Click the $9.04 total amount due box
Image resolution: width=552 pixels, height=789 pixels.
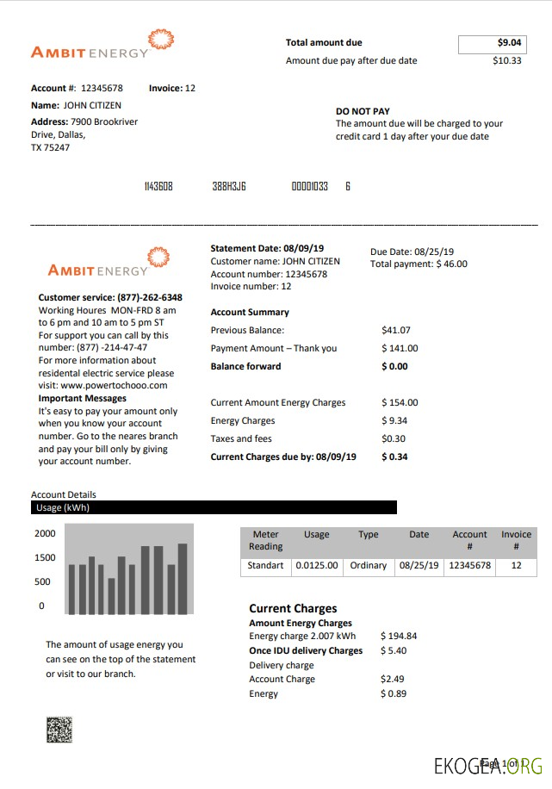click(491, 43)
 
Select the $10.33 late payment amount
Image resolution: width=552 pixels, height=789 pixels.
click(506, 61)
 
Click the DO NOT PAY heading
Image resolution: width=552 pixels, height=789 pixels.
click(363, 111)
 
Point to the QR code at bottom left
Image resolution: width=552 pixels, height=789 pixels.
click(59, 730)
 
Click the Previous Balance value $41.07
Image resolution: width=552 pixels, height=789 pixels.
click(396, 330)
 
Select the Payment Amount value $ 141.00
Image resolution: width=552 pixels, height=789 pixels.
click(400, 348)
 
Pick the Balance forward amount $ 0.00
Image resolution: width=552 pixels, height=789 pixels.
click(394, 366)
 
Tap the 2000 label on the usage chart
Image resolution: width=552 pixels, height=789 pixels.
click(45, 533)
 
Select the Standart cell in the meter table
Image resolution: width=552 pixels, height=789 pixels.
click(265, 566)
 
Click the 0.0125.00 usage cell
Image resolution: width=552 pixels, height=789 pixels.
click(317, 566)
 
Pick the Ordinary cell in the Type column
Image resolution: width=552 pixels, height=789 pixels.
click(369, 566)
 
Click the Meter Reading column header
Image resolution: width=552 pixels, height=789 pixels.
click(265, 540)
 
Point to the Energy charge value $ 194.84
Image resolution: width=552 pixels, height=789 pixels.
click(399, 637)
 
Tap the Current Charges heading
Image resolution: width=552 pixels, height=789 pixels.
click(293, 608)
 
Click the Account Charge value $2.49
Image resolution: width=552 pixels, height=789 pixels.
click(393, 679)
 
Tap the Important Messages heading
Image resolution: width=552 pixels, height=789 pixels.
click(83, 399)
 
